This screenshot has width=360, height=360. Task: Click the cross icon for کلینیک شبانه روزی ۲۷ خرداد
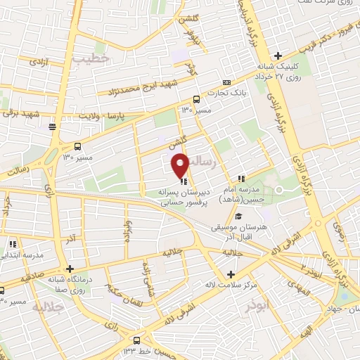[278, 56]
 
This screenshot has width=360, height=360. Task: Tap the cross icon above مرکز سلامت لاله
[231, 274]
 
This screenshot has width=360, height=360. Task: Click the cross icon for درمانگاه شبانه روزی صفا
[69, 269]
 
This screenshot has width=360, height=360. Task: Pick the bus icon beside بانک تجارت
[195, 98]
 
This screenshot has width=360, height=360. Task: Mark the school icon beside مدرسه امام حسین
[241, 179]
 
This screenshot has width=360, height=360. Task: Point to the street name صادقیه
[32, 277]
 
